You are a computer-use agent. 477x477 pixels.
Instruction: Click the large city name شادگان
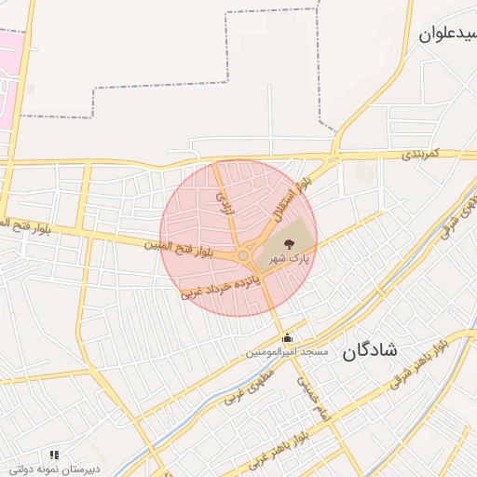(x=370, y=350)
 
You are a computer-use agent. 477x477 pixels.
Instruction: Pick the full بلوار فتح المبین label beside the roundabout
(x=179, y=248)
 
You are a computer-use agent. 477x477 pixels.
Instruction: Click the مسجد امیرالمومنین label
(x=287, y=353)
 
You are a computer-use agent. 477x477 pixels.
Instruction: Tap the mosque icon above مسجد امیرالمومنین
(x=287, y=338)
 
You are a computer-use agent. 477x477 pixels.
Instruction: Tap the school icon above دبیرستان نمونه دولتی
(x=54, y=455)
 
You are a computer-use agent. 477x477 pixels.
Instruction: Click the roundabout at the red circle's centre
(x=243, y=255)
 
